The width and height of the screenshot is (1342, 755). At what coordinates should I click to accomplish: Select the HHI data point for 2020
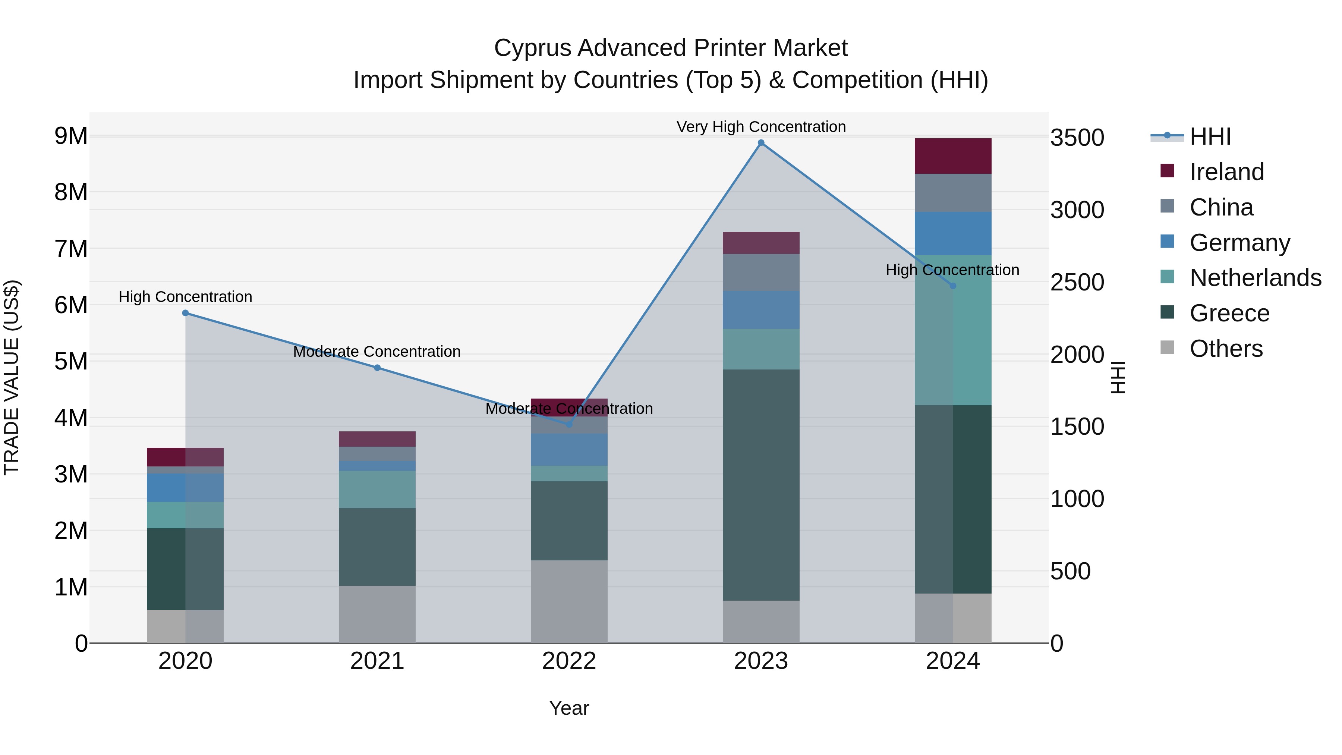point(186,313)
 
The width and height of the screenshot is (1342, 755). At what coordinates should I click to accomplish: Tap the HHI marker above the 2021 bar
point(377,368)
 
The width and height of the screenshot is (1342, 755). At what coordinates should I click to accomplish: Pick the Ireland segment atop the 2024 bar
point(953,156)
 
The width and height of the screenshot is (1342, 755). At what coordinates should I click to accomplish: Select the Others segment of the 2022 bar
point(569,601)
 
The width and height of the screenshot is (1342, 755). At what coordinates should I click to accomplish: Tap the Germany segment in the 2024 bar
point(953,233)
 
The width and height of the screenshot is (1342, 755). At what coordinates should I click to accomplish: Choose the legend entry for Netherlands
point(1255,278)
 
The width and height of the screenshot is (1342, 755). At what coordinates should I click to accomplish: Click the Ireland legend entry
point(1226,172)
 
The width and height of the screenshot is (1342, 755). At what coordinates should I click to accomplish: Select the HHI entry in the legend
point(1210,136)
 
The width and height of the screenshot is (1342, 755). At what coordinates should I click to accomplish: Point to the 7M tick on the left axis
point(71,249)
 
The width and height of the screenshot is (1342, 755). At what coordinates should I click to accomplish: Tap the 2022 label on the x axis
point(569,661)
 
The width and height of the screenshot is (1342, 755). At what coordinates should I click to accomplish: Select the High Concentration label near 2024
point(952,270)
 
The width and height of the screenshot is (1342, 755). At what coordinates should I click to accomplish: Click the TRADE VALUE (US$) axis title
point(12,377)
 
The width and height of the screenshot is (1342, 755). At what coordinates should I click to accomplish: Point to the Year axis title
point(569,708)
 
